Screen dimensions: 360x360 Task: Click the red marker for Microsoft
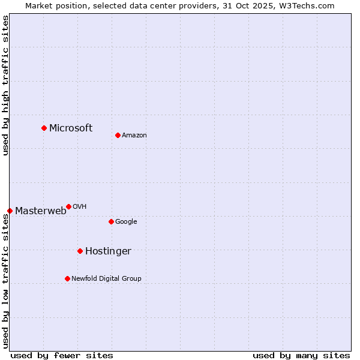pyautogui.click(x=44, y=128)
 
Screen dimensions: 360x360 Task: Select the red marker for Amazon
pyautogui.click(x=118, y=135)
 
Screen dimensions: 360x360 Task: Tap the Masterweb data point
pyautogui.click(x=10, y=211)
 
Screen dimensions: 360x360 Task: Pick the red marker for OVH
pyautogui.click(x=68, y=206)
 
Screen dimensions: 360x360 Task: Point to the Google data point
pyautogui.click(x=111, y=221)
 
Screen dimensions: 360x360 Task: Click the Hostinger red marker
pyautogui.click(x=80, y=251)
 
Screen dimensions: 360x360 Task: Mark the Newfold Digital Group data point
pyautogui.click(x=67, y=278)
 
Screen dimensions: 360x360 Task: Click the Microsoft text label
pyautogui.click(x=71, y=128)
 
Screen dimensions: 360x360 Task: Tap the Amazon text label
pyautogui.click(x=134, y=135)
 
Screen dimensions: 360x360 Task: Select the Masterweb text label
pyautogui.click(x=41, y=211)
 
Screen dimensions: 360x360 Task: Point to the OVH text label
pyautogui.click(x=80, y=206)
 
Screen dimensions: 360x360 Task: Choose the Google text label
pyautogui.click(x=126, y=221)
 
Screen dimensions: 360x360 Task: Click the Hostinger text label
pyautogui.click(x=108, y=251)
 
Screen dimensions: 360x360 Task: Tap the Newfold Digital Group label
pyautogui.click(x=106, y=278)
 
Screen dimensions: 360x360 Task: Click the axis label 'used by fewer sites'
pyautogui.click(x=62, y=355)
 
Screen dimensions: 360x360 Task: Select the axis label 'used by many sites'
pyautogui.click(x=301, y=355)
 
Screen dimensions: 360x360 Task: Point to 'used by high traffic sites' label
pyautogui.click(x=6, y=86)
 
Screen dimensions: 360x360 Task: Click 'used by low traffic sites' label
pyautogui.click(x=6, y=281)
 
